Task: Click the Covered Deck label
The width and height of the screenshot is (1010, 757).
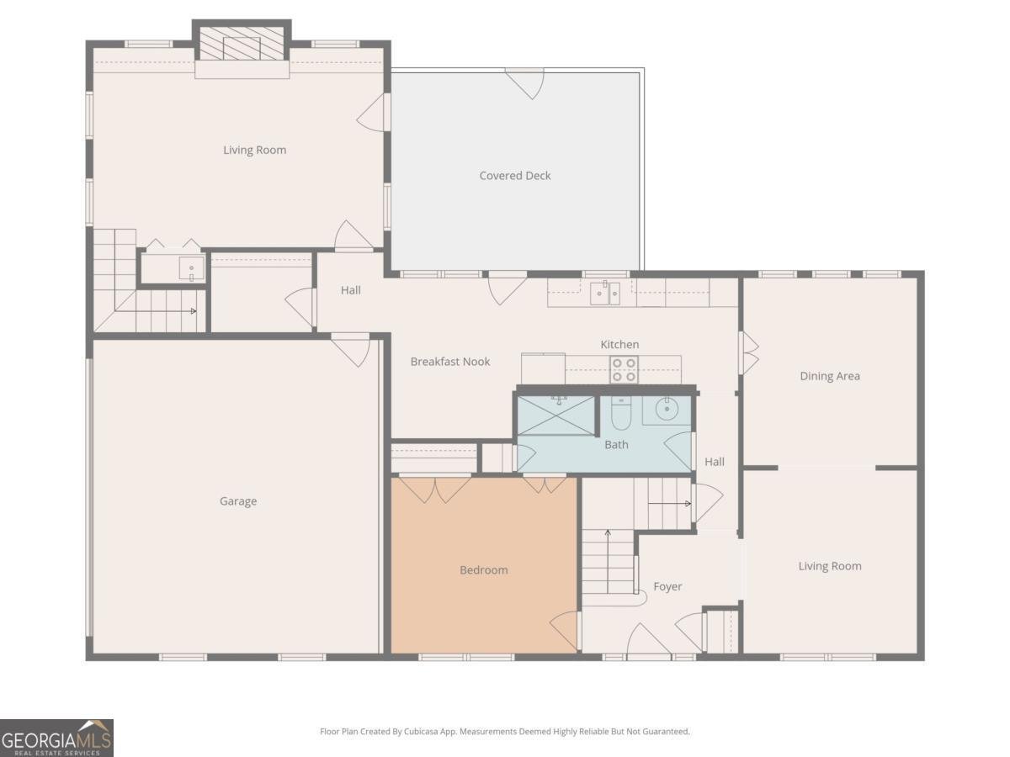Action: point(515,176)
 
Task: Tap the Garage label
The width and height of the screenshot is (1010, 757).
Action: point(238,501)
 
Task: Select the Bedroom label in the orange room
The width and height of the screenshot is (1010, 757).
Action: point(484,570)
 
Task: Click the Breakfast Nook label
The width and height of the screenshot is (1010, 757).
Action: point(450,362)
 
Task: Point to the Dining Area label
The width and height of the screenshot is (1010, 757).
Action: point(830,376)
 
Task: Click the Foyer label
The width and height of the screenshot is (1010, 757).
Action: point(667,586)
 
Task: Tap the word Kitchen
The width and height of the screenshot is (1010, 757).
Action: point(619,345)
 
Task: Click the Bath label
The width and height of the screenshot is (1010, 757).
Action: point(616,444)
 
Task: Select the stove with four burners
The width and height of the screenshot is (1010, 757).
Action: point(624,370)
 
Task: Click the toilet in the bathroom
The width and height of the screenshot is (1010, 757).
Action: point(621,412)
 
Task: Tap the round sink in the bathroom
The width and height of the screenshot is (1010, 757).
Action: point(667,410)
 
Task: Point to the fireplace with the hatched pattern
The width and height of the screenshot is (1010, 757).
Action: point(242,44)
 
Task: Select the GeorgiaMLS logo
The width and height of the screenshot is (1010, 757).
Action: point(56,738)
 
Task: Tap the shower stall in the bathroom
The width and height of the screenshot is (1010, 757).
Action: point(557,414)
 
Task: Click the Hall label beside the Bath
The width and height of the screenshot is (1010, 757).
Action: point(715,462)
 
